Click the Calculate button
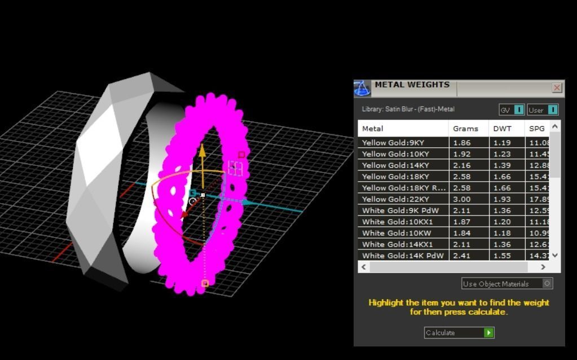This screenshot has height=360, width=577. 459,333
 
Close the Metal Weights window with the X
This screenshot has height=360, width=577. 557,87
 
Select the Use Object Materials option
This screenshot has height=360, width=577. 506,284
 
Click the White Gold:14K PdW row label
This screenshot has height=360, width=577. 403,256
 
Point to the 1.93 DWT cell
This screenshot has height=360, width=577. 501,199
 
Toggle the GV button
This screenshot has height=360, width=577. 512,110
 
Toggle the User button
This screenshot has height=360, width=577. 543,110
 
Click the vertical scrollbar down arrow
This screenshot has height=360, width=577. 555,255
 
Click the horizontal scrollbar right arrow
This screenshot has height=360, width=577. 543,267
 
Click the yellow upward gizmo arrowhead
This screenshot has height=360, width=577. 202,150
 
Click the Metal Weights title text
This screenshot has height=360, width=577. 412,85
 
